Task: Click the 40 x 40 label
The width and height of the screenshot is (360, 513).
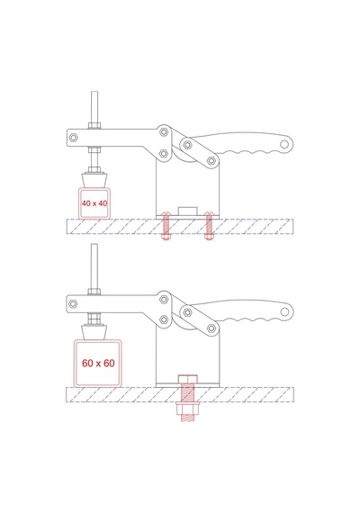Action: coord(94,203)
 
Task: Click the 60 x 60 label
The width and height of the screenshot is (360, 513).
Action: coord(98,364)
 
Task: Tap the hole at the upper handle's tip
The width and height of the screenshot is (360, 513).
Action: coord(284,144)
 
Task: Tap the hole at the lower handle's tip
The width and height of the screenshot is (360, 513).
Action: coord(284,311)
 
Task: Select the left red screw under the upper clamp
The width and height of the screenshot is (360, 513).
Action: coord(166,226)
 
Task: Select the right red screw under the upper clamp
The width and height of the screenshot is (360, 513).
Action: coord(208,226)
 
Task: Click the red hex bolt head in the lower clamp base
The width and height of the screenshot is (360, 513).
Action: coord(188,380)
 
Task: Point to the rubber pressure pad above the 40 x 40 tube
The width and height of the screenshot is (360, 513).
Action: coord(94,180)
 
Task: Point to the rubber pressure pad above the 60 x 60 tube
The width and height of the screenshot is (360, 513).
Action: coord(94,333)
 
